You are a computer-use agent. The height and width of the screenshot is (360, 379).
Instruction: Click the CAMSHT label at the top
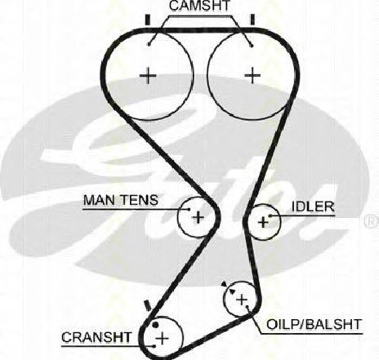point(199,6)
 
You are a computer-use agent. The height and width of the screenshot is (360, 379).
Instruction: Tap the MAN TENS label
point(121,200)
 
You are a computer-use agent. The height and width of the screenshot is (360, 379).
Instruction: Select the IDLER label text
point(313,207)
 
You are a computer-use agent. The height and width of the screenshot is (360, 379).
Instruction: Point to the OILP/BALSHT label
point(314,324)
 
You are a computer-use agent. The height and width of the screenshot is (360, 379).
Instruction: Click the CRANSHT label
point(96,337)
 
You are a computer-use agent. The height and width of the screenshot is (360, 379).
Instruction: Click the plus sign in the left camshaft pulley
point(148,76)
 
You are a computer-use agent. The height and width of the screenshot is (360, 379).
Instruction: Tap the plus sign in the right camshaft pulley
point(252,75)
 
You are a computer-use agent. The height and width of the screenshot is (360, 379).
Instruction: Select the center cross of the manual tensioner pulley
point(198,217)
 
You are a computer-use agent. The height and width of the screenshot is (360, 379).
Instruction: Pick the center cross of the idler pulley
point(263,222)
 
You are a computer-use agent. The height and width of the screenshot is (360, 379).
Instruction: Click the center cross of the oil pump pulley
point(242,300)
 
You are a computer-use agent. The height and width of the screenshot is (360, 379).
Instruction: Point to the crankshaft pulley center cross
point(163,339)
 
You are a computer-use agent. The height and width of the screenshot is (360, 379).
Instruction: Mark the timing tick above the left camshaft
point(148,20)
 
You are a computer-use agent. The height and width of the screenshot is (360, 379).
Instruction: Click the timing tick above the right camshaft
point(252,20)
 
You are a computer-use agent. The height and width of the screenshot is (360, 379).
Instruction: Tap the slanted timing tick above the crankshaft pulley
point(147,305)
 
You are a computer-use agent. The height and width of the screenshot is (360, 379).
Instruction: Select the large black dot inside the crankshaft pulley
point(155,325)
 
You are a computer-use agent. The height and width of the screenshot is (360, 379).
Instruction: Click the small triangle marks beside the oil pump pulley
point(228,288)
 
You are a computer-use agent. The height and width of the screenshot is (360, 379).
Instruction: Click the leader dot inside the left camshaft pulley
point(149,44)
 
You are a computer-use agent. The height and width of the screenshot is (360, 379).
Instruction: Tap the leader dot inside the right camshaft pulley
point(252,46)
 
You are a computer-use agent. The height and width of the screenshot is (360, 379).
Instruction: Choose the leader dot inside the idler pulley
point(270,216)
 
